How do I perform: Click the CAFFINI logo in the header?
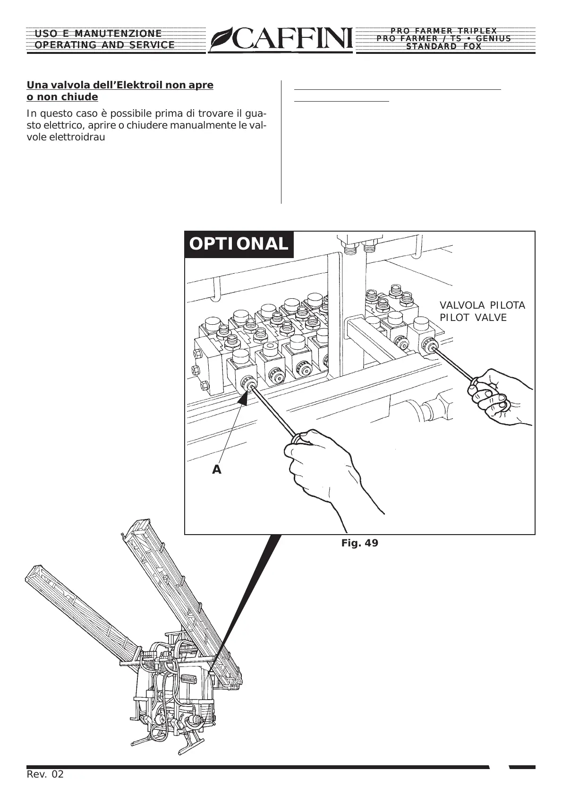(x=281, y=39)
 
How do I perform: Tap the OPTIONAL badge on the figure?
(x=238, y=244)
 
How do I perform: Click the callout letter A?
(x=216, y=470)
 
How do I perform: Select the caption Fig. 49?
(x=359, y=543)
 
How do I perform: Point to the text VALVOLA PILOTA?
(x=482, y=305)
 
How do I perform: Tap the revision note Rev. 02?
(x=45, y=774)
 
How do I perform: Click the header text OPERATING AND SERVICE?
(x=105, y=45)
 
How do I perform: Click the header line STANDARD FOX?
(x=444, y=46)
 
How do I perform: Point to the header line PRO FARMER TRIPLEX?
(x=444, y=31)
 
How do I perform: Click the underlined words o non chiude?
(x=62, y=97)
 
